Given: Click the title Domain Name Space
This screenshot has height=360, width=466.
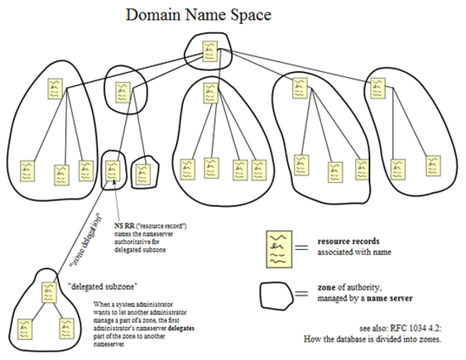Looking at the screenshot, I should click(x=198, y=14).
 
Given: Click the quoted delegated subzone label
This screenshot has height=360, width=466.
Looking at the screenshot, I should click(x=95, y=286).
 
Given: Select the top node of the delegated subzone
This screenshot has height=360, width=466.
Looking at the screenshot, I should click(x=50, y=292).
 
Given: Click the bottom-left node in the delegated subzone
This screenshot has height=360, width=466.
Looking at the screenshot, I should click(x=26, y=328).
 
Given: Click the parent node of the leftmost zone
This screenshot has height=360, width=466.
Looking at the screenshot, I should click(x=53, y=89).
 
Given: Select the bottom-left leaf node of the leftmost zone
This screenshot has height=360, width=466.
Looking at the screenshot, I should click(x=28, y=171).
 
